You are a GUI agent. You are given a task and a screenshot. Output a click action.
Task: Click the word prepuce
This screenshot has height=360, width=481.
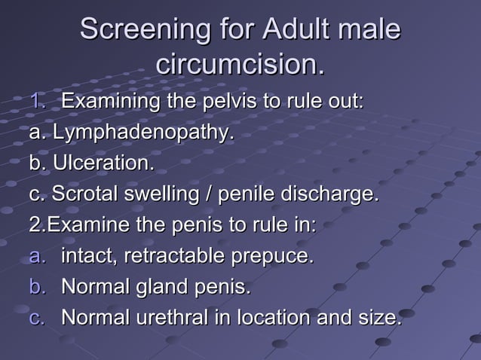(x=274, y=257)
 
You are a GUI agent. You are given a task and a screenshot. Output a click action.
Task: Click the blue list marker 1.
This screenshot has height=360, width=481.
(x=38, y=101)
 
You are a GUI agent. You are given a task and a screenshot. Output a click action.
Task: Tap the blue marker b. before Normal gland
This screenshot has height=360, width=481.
(x=38, y=287)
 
